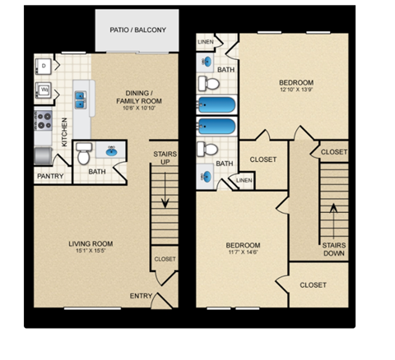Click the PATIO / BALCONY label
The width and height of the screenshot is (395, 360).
138,30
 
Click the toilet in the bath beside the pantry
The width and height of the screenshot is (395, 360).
83,154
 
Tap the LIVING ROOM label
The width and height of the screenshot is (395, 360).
91,244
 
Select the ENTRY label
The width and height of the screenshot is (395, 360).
140,296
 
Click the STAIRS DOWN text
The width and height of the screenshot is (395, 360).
334,250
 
